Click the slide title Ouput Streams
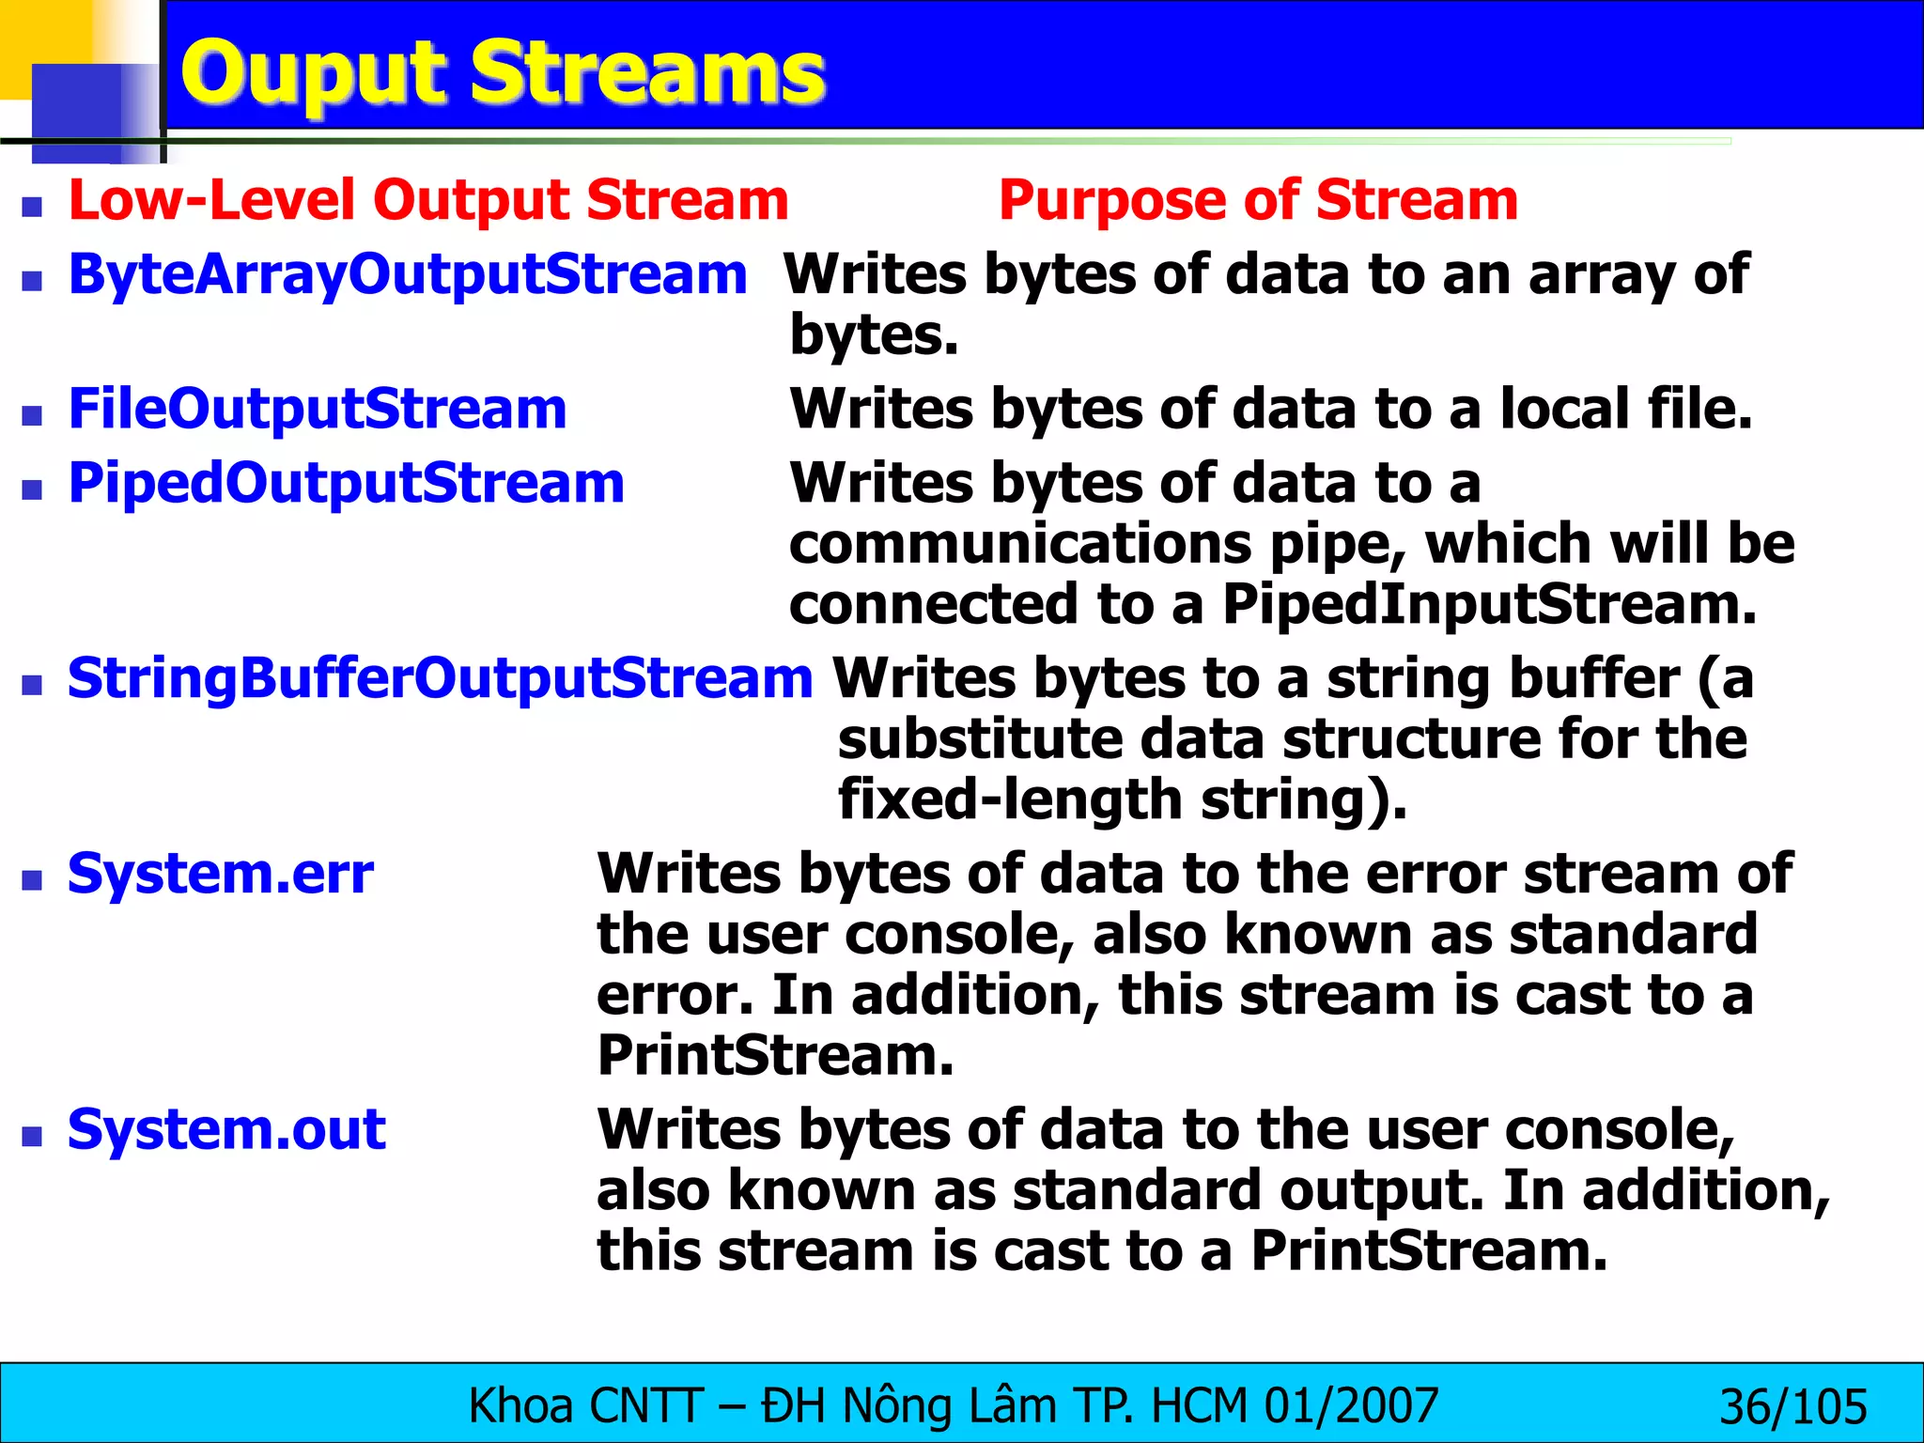click(502, 73)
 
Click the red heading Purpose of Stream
click(1257, 200)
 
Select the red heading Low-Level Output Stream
click(428, 200)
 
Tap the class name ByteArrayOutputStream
click(408, 274)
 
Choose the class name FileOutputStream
click(318, 409)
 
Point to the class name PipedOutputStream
click(346, 483)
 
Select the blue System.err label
click(221, 873)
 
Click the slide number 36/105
click(1792, 1406)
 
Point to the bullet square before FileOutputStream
click(33, 414)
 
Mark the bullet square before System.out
click(33, 1135)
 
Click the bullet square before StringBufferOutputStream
click(33, 684)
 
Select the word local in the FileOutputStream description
click(1563, 409)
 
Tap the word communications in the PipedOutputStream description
click(1019, 544)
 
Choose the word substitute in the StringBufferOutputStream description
click(979, 739)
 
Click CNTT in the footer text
click(646, 1406)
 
